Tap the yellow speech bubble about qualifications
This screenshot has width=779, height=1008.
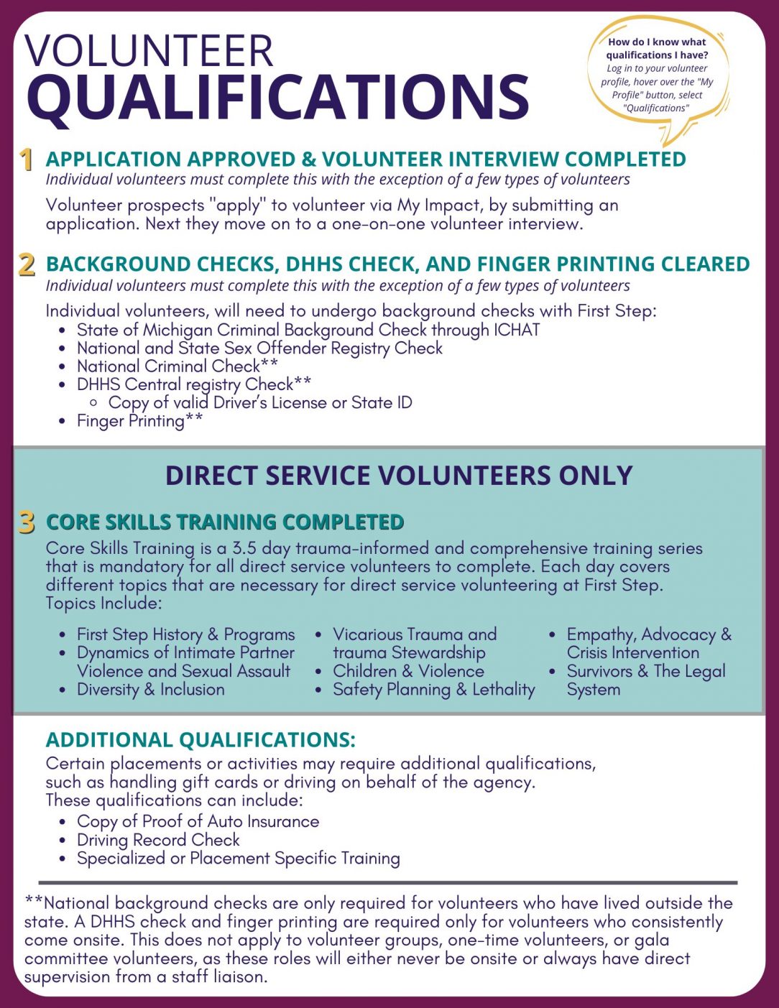657,75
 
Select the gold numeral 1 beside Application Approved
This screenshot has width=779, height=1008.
27,159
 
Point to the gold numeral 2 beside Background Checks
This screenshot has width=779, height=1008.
27,264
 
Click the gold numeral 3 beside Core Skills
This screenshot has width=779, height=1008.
27,522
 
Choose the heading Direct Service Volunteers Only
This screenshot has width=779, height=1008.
399,476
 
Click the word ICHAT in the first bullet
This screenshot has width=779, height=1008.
516,330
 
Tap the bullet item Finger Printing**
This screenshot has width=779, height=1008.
139,421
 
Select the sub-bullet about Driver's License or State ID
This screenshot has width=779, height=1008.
260,402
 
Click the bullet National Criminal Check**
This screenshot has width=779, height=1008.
177,366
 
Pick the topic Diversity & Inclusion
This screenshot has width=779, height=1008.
150,689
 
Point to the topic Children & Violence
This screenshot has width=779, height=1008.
408,671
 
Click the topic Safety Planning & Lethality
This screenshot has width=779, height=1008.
433,689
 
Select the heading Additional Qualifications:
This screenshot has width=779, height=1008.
200,740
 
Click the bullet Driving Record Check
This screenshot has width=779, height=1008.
158,840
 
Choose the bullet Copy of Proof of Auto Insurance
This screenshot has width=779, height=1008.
198,821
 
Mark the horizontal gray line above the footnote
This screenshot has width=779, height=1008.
388,882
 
